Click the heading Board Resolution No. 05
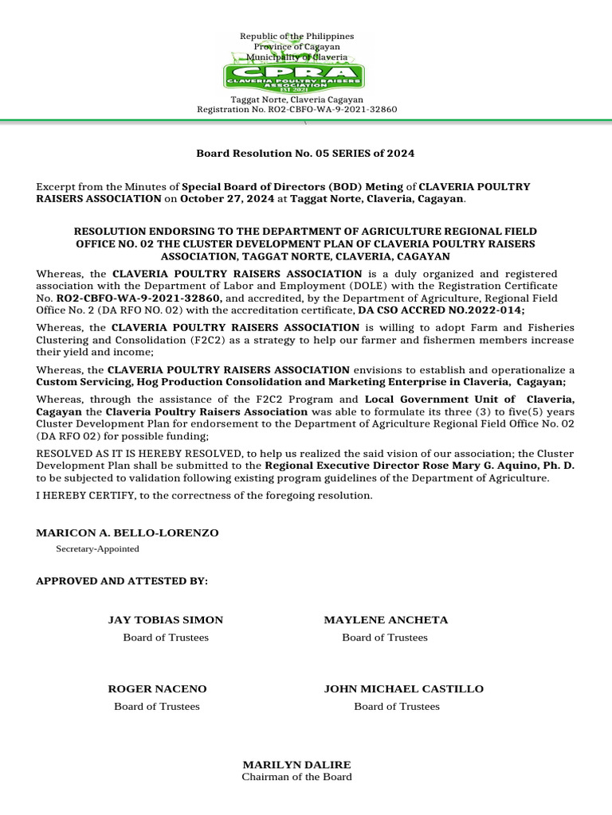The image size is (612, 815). coord(305,153)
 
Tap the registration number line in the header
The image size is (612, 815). coord(296,109)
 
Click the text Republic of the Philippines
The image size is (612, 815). coord(296,37)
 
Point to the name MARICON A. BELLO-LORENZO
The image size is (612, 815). coord(127,532)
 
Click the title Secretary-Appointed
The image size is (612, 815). coord(97,548)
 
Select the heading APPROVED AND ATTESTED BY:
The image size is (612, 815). coord(122,581)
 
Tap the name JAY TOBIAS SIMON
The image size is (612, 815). coord(165,619)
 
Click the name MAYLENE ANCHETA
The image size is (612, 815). coord(386,619)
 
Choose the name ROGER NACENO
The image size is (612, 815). coord(157,688)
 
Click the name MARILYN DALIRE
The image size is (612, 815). coord(296,764)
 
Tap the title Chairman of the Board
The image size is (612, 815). coord(296,777)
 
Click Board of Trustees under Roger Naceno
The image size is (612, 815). coord(157,706)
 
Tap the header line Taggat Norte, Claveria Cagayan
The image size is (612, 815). coord(296,99)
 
